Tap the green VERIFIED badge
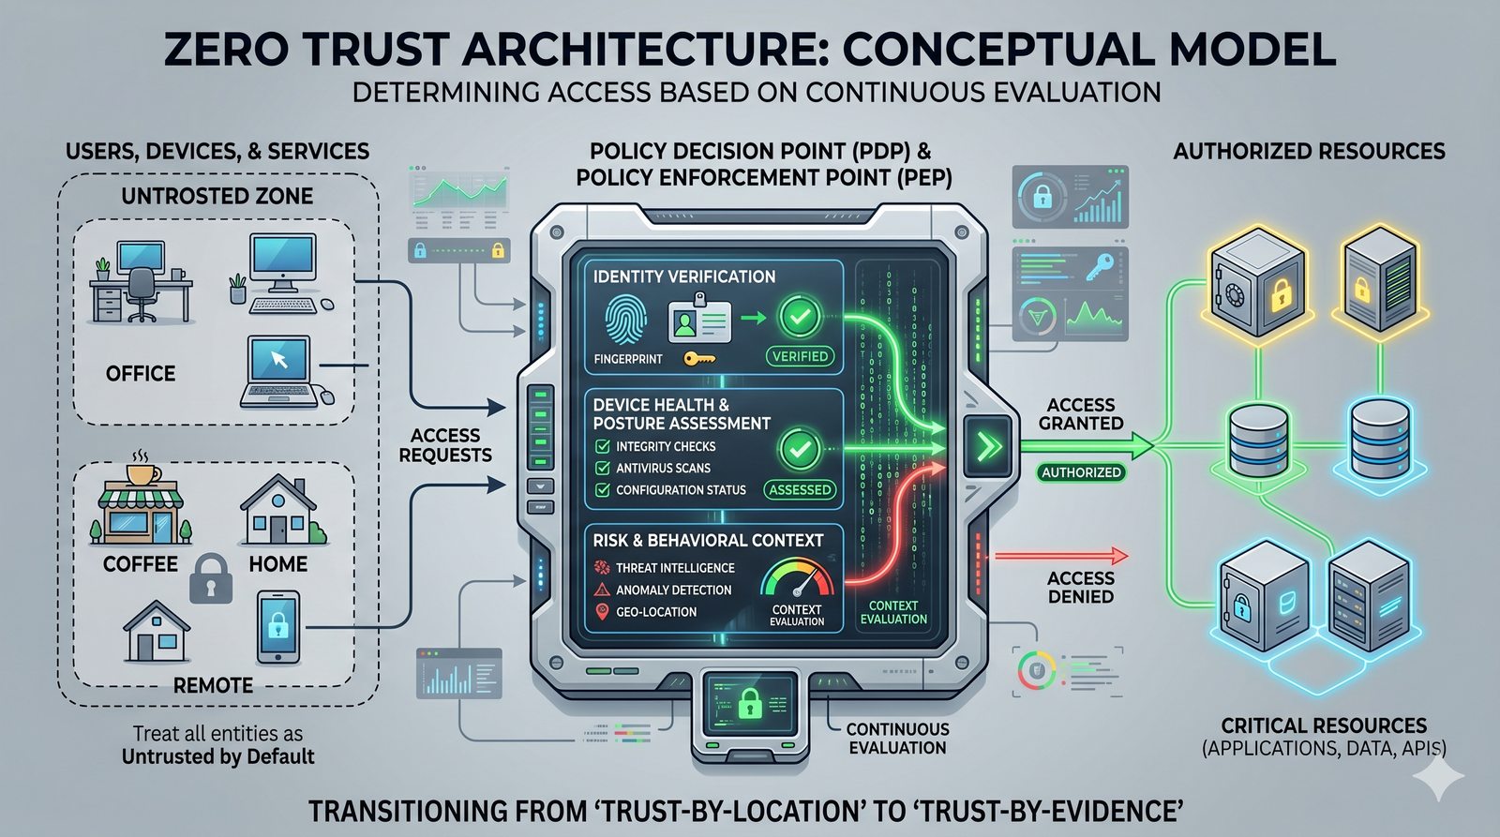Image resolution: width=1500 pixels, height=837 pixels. pyautogui.click(x=800, y=356)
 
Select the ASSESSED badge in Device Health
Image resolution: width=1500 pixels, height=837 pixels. pyautogui.click(x=800, y=489)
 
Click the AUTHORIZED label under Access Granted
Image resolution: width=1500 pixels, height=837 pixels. pyautogui.click(x=1081, y=472)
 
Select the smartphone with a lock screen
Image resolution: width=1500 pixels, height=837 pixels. pyautogui.click(x=278, y=626)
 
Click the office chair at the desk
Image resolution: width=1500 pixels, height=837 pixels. pyautogui.click(x=142, y=293)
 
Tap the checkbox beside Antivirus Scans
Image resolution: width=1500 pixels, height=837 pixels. pyautogui.click(x=603, y=468)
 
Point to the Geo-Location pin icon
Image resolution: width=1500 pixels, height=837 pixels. pyautogui.click(x=602, y=612)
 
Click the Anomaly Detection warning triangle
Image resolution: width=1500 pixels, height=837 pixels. pyautogui.click(x=602, y=590)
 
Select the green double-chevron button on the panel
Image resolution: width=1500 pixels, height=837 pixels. pyautogui.click(x=988, y=446)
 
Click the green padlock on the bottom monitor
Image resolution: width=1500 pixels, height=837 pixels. pyautogui.click(x=748, y=702)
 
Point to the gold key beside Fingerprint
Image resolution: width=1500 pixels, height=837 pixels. pyautogui.click(x=698, y=358)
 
